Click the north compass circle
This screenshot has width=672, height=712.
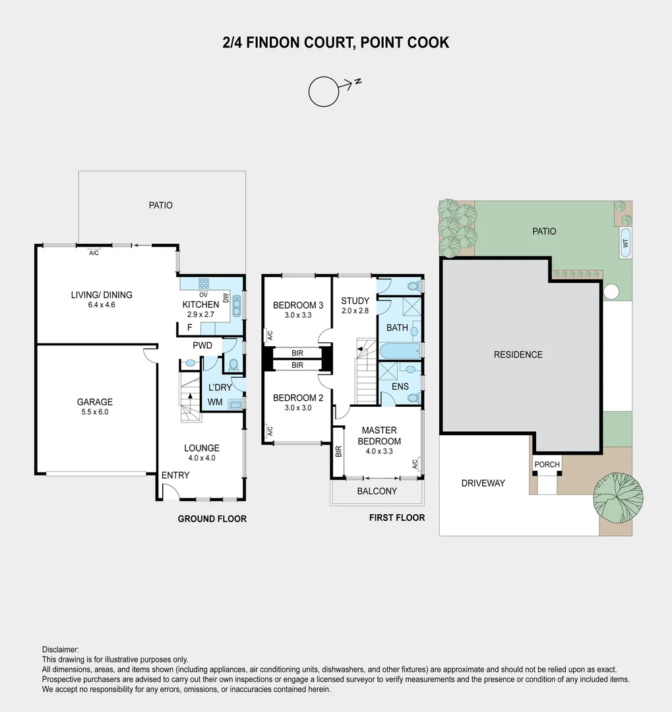[323, 92]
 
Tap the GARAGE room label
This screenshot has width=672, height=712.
[94, 401]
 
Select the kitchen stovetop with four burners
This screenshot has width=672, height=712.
[204, 283]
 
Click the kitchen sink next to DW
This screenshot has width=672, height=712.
[237, 306]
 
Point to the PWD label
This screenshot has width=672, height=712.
[202, 345]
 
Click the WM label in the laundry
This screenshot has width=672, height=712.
[215, 401]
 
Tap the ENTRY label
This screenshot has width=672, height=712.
[175, 475]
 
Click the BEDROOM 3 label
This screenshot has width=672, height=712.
[298, 305]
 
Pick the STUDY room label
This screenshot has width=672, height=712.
[355, 301]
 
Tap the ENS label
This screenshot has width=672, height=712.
[400, 386]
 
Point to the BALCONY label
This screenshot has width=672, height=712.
[377, 491]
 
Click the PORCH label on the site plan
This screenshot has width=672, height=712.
[547, 465]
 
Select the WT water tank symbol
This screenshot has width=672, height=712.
[625, 242]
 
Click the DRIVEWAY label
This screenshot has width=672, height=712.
[483, 483]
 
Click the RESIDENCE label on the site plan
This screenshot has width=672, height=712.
[518, 355]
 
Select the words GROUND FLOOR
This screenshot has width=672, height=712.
[212, 519]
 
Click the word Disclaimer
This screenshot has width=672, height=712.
[60, 649]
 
